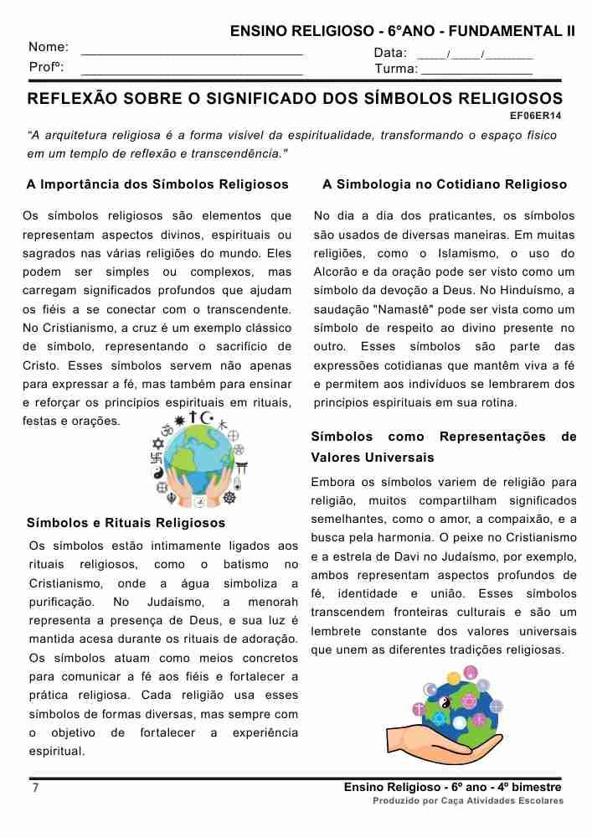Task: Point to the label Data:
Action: tap(390, 53)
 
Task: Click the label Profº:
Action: tap(47, 67)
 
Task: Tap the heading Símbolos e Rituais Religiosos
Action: tap(126, 523)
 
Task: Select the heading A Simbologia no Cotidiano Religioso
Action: tap(445, 184)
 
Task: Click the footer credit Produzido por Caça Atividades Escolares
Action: tap(468, 801)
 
